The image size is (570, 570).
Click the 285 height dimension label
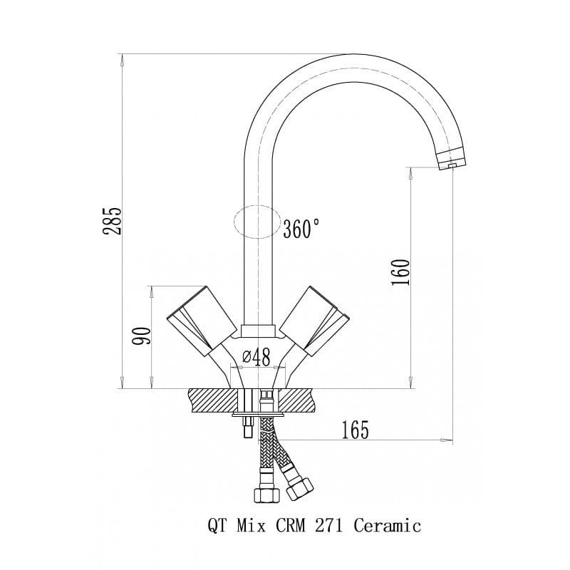pos(112,221)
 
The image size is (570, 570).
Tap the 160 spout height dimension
pos(400,272)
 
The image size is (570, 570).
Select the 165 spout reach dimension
pos(355,430)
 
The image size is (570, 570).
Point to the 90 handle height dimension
pos(141,336)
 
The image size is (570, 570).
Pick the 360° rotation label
pos(301,229)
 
